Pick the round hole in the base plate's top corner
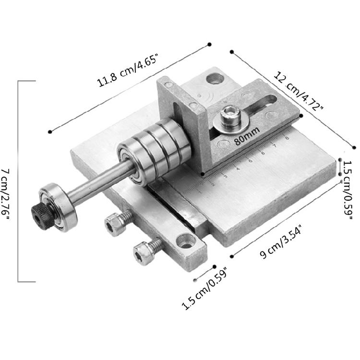point(216,78)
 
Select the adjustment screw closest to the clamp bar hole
point(146,249)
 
